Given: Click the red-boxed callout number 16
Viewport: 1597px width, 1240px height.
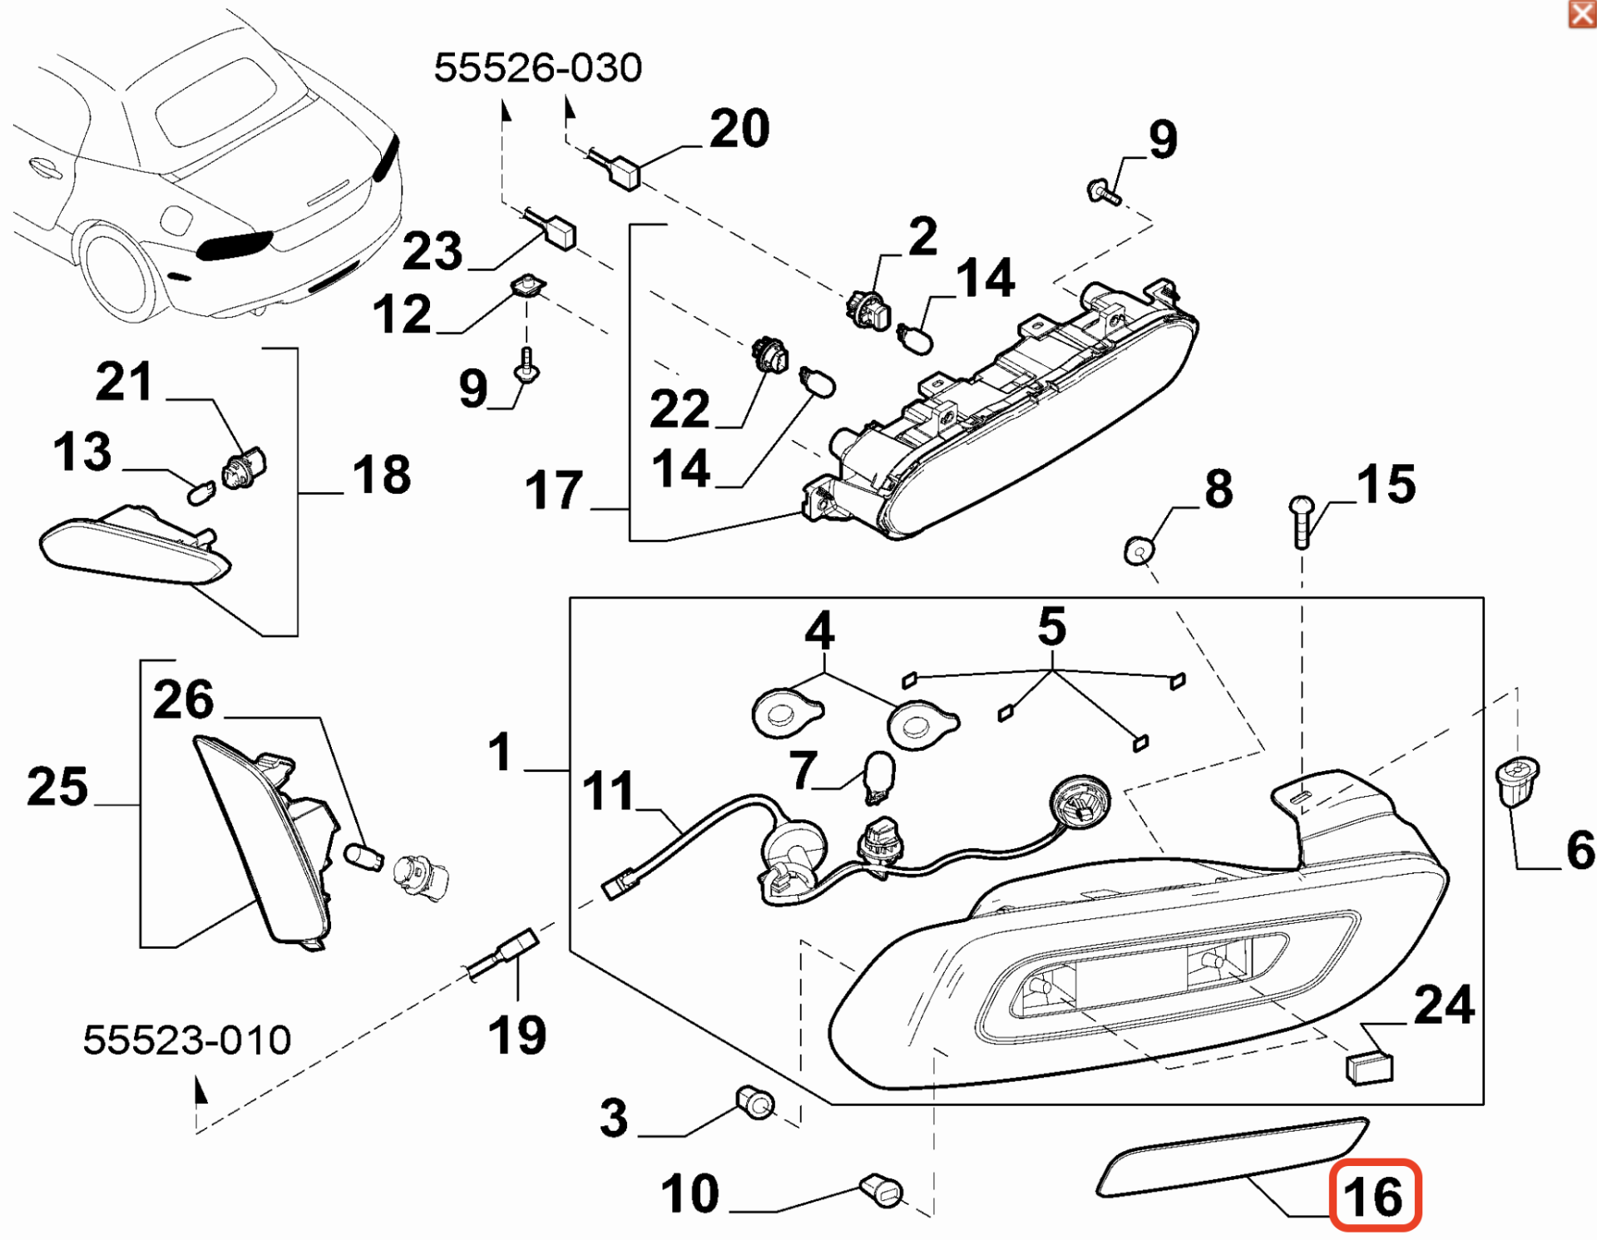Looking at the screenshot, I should [x=1374, y=1196].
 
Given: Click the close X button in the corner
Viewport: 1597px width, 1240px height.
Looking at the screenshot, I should [x=1581, y=14].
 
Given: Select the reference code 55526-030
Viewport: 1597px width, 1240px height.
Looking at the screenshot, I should [x=538, y=68].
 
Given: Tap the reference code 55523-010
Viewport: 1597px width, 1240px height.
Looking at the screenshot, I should [x=187, y=1040].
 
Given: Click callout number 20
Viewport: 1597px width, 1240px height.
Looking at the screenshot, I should [x=739, y=129].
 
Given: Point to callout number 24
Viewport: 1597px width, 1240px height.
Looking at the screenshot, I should [x=1444, y=1005].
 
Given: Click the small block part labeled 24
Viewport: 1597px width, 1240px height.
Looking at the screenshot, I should [x=1369, y=1068].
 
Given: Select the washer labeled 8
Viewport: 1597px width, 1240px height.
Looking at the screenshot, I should [x=1140, y=550].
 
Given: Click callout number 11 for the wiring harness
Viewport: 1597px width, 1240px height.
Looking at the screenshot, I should [x=608, y=790].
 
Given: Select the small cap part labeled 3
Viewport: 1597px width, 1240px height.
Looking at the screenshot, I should [x=755, y=1103].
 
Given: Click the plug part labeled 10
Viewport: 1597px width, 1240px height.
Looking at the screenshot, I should [x=882, y=1190].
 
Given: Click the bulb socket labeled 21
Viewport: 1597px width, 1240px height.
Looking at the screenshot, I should [x=245, y=467].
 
